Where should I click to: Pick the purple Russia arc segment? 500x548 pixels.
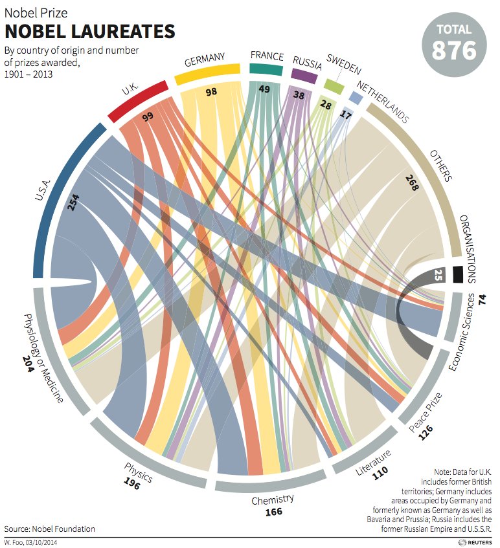pos(304,75)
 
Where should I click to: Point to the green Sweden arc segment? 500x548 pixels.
pos(333,85)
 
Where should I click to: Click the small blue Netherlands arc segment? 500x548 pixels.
pos(354,97)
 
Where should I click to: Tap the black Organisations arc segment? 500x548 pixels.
pos(457,274)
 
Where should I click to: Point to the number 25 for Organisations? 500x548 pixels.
pos(438,274)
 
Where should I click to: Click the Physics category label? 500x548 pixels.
pos(137,472)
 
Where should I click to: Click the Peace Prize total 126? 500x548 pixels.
pos(425,433)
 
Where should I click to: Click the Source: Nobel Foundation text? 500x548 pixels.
pos(49,529)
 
